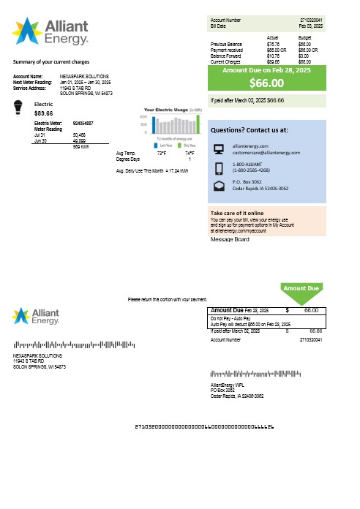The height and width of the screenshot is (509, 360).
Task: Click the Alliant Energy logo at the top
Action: pyautogui.click(x=50, y=31)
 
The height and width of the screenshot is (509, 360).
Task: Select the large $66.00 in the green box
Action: pyautogui.click(x=266, y=83)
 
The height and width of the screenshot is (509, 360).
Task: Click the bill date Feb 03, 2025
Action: pyautogui.click(x=313, y=25)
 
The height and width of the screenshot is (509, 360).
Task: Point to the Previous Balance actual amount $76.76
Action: pyautogui.click(x=273, y=45)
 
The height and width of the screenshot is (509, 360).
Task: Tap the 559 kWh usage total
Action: pyautogui.click(x=80, y=146)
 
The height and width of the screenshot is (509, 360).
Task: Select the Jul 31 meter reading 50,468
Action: pyautogui.click(x=79, y=135)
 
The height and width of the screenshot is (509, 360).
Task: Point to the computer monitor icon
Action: pyautogui.click(x=219, y=149)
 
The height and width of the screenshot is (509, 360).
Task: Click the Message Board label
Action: pyautogui.click(x=230, y=239)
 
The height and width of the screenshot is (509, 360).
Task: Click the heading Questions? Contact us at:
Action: pyautogui.click(x=249, y=129)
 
